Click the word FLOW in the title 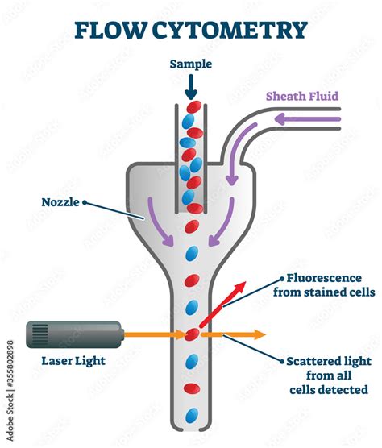pyautogui.click(x=108, y=31)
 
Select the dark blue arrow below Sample pyautogui.click(x=192, y=85)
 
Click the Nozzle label pyautogui.click(x=61, y=203)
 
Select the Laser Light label pyautogui.click(x=73, y=360)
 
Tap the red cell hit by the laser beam pyautogui.click(x=192, y=334)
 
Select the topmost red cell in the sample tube pyautogui.click(x=192, y=107)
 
